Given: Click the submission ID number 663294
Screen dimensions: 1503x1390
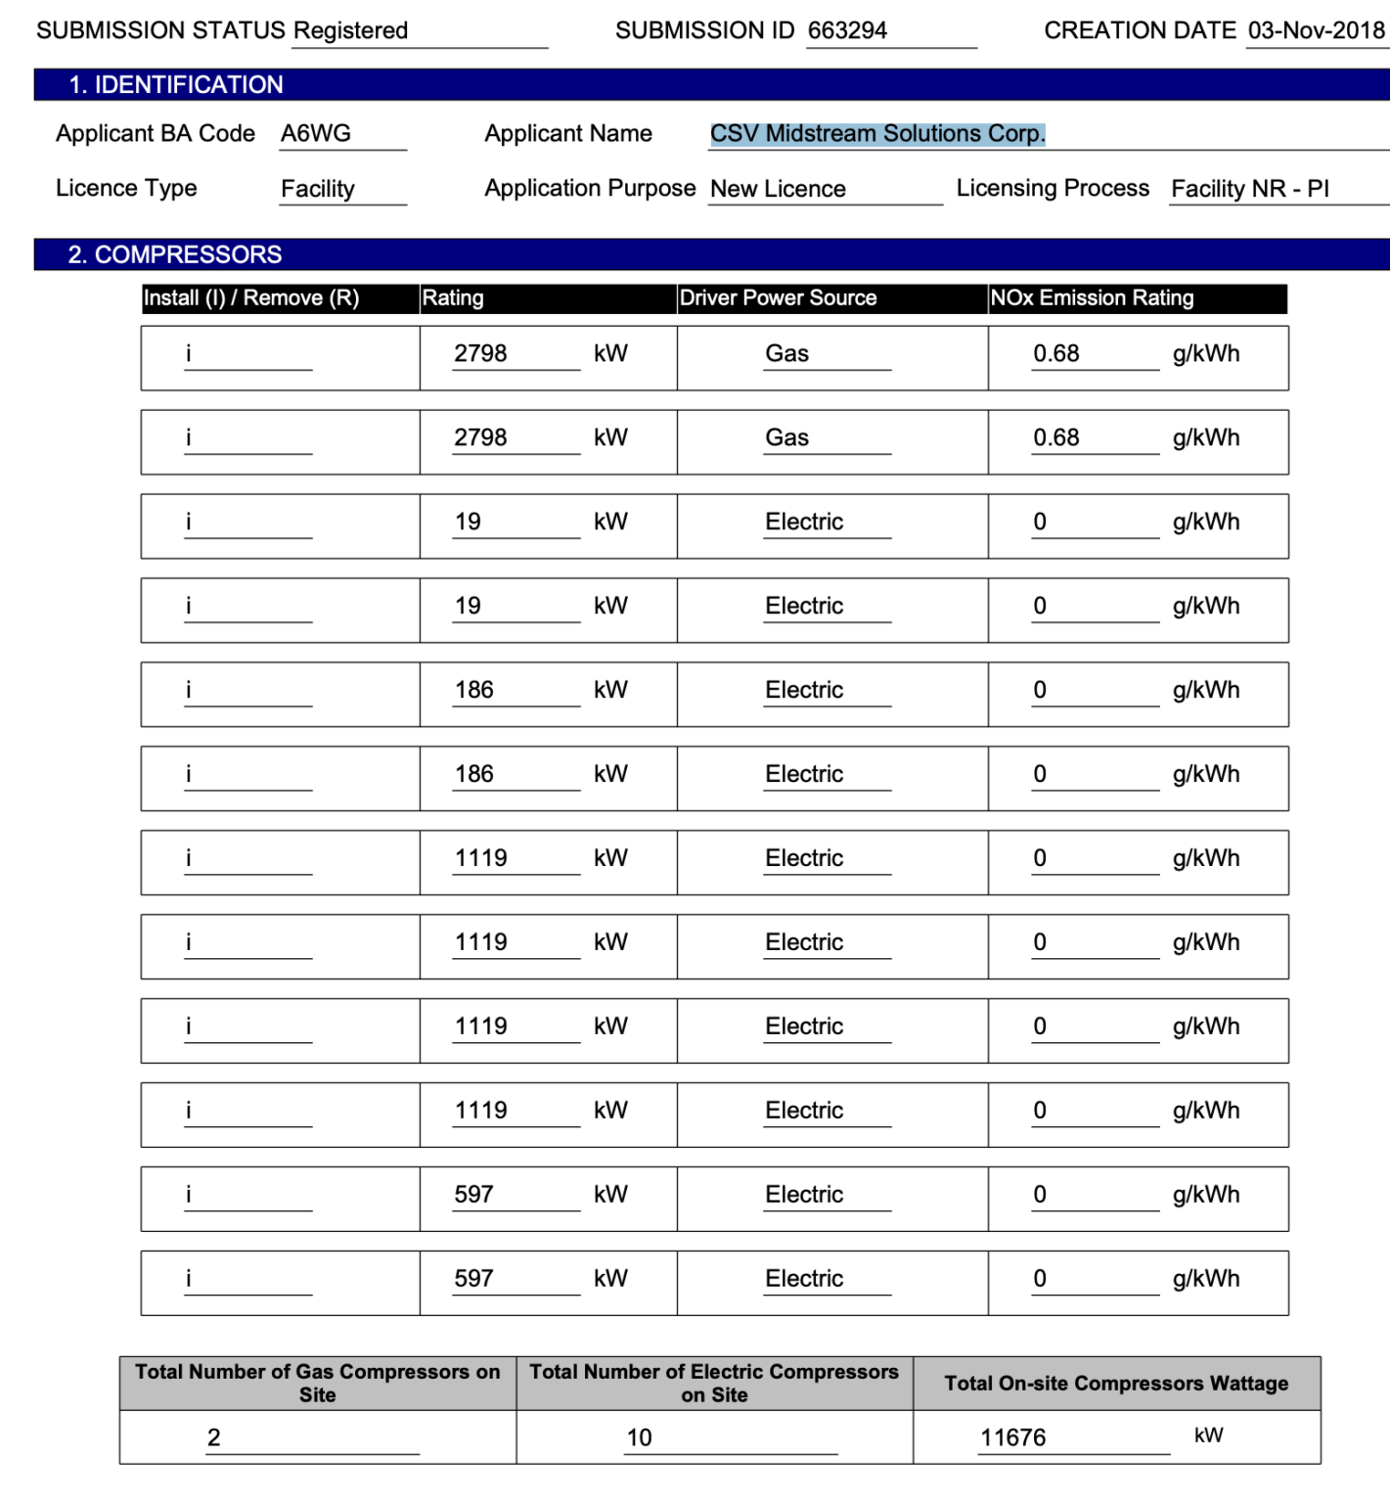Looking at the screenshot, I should click(x=847, y=30).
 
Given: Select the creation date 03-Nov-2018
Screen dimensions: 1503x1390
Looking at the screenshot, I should click(x=1316, y=30).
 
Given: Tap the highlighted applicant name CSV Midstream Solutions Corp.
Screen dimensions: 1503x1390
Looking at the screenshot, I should click(x=877, y=134).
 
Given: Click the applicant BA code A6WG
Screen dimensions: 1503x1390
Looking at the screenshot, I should click(x=316, y=134).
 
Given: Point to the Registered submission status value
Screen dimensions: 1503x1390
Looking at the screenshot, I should click(x=350, y=30).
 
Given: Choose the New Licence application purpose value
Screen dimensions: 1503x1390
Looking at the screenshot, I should click(x=778, y=189).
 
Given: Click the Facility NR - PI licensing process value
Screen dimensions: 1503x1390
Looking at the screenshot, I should click(x=1249, y=189).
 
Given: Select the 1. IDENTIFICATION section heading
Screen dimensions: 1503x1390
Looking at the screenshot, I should click(x=176, y=85).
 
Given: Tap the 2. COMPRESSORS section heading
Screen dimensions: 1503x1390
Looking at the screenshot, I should click(x=175, y=255).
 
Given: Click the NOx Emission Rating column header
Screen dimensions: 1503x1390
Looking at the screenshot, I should click(x=1092, y=298).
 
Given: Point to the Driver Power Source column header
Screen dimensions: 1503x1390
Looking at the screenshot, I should click(x=778, y=298).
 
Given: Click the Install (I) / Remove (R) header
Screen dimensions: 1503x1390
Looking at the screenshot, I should click(x=251, y=298).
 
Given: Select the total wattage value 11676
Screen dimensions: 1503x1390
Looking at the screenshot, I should click(x=1012, y=1437).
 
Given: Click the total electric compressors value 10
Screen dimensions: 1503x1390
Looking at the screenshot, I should click(x=639, y=1437).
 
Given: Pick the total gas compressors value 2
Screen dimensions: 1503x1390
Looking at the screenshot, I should click(x=213, y=1437).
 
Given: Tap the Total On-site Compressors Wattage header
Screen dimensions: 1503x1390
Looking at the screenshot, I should click(x=1115, y=1384).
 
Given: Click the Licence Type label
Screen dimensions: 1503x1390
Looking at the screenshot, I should click(x=126, y=188).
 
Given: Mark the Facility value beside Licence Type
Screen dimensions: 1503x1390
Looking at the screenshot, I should click(x=318, y=189).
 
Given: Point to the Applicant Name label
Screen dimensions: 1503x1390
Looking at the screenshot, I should click(x=568, y=134).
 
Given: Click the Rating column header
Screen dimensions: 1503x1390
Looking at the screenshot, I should click(x=453, y=298).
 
